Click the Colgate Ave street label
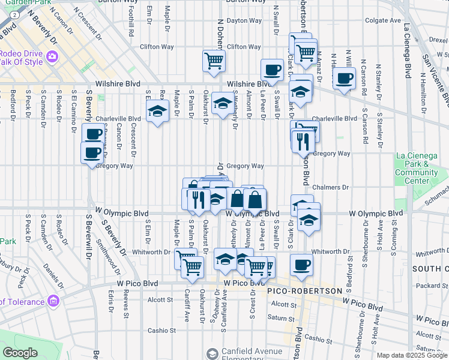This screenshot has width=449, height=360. (x=382, y=20)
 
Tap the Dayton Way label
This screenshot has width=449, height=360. (x=244, y=20)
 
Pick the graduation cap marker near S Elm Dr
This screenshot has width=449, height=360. (x=157, y=111)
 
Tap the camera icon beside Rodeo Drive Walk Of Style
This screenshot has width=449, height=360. (x=52, y=56)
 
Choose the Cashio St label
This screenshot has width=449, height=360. (x=162, y=330)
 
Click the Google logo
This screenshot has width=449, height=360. (x=20, y=353)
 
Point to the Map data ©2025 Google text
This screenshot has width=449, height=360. (x=412, y=355)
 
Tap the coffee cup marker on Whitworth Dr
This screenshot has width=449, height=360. (x=301, y=264)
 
